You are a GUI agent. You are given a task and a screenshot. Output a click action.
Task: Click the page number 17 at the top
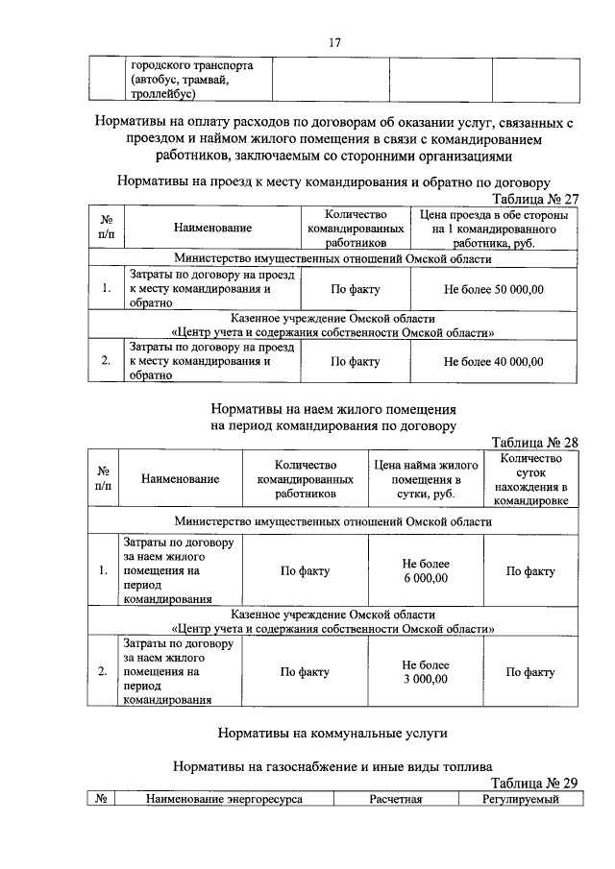(307, 43)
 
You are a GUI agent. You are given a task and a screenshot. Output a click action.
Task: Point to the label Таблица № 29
(535, 783)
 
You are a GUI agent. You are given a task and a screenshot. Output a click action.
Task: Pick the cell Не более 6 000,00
(425, 571)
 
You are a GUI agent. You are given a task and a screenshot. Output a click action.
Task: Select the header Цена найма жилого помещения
(425, 478)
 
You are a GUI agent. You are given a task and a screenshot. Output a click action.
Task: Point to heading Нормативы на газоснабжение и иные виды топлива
(332, 766)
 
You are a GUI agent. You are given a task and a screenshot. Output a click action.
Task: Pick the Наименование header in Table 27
(212, 229)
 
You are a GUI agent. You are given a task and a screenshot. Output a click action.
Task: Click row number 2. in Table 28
(102, 671)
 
